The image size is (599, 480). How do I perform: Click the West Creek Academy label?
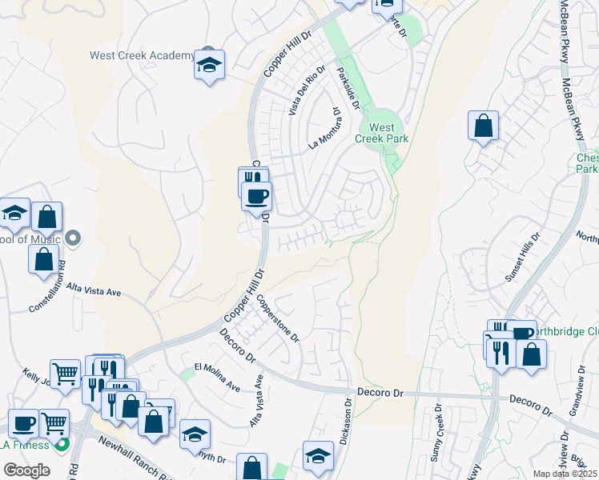(142, 56)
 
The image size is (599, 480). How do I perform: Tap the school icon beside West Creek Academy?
(209, 66)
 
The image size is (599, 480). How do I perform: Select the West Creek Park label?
(388, 133)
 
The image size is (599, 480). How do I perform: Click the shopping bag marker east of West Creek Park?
(483, 126)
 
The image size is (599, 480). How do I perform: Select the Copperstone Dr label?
(277, 319)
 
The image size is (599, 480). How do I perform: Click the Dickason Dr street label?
(341, 423)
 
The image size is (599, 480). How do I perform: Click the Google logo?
(26, 470)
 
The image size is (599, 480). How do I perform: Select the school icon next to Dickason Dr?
(318, 455)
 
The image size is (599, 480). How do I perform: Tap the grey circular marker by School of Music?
(73, 238)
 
